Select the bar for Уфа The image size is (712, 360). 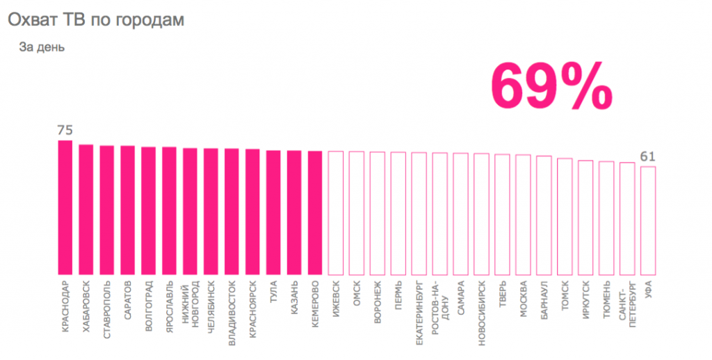(x=648, y=220)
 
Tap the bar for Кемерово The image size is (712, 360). (x=315, y=213)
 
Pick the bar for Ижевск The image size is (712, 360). (x=336, y=213)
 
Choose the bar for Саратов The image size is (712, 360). (x=127, y=210)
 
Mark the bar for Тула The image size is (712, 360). (x=273, y=212)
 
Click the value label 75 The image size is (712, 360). (x=65, y=130)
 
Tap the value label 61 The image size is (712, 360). (x=648, y=156)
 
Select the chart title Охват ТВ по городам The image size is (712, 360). (x=96, y=20)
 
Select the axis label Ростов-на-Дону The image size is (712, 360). (x=439, y=300)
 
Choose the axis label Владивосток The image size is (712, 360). (x=232, y=306)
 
